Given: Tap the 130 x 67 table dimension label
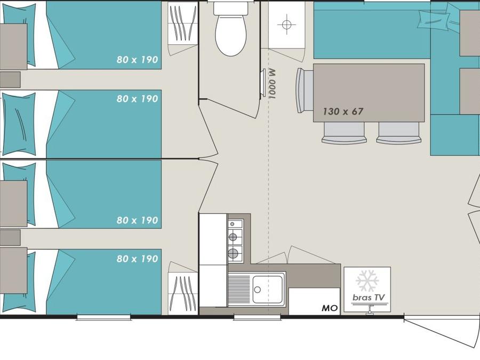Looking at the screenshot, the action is click(343, 111).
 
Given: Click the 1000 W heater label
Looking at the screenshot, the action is click(272, 84).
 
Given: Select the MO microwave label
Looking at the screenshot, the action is click(330, 308).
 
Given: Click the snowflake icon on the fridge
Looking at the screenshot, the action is click(367, 281).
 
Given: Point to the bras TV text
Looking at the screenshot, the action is click(368, 297).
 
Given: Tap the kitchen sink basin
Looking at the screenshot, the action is click(267, 289).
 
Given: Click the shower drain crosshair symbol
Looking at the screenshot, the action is click(286, 24).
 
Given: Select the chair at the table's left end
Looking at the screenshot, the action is click(304, 90).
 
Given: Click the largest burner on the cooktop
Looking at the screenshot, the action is click(233, 253).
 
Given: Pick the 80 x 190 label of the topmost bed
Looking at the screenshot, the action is click(137, 59).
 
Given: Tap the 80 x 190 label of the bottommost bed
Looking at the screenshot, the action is click(137, 259).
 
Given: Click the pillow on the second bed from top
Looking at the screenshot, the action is click(19, 124).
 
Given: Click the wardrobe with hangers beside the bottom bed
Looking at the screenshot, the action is click(183, 293).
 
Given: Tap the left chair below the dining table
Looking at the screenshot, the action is click(344, 133).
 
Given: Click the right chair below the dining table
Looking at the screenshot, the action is click(398, 133).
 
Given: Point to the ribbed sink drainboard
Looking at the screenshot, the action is click(239, 289).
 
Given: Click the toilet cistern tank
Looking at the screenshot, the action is click(231, 8).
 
